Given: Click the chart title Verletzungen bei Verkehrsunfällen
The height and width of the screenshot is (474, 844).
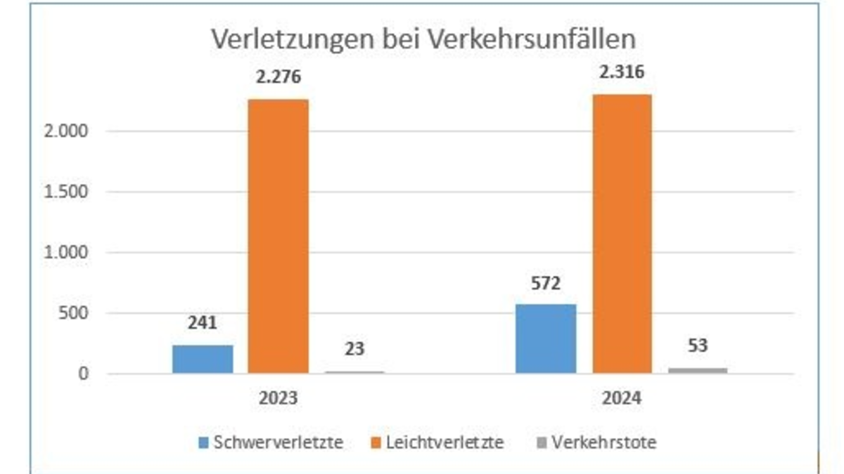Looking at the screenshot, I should click(423, 39).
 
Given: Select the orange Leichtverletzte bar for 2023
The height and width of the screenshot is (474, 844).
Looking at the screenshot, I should click(279, 235).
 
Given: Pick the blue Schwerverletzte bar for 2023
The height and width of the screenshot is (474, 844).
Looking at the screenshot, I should click(203, 359).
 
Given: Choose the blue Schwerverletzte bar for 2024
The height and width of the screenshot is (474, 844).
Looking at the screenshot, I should click(546, 338).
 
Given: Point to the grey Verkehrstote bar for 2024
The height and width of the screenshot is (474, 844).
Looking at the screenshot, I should click(698, 370).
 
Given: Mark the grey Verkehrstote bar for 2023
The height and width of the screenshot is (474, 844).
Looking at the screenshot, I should click(354, 371).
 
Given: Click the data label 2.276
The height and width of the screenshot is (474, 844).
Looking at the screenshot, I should click(278, 76).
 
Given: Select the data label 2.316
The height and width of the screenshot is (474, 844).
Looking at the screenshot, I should click(622, 72).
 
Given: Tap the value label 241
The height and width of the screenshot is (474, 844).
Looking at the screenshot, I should click(203, 323).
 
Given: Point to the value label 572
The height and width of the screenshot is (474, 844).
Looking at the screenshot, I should click(546, 283).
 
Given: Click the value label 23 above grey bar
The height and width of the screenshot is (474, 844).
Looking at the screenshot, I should click(354, 349).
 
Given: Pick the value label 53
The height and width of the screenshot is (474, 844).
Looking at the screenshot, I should click(698, 345).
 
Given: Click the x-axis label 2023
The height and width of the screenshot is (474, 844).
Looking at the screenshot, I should click(279, 398).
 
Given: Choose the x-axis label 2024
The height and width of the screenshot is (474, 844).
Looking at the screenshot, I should click(622, 398).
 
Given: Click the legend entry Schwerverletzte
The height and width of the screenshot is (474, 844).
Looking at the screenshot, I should click(270, 442).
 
